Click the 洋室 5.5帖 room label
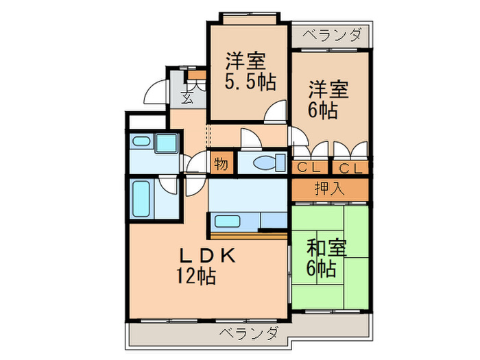click(250, 71)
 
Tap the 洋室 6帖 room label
click(328, 99)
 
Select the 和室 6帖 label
click(326, 258)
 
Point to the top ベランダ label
click(332, 34)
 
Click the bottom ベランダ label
click(248, 333)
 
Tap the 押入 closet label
click(330, 189)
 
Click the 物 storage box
click(221, 164)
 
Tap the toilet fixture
click(269, 163)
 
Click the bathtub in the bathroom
click(141, 199)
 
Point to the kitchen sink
click(227, 221)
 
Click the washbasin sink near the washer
click(141, 141)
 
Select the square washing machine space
click(166, 143)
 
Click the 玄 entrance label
click(187, 97)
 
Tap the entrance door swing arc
click(156, 91)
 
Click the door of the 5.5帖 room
click(275, 112)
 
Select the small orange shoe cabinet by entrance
click(197, 75)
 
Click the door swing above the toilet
click(252, 139)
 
